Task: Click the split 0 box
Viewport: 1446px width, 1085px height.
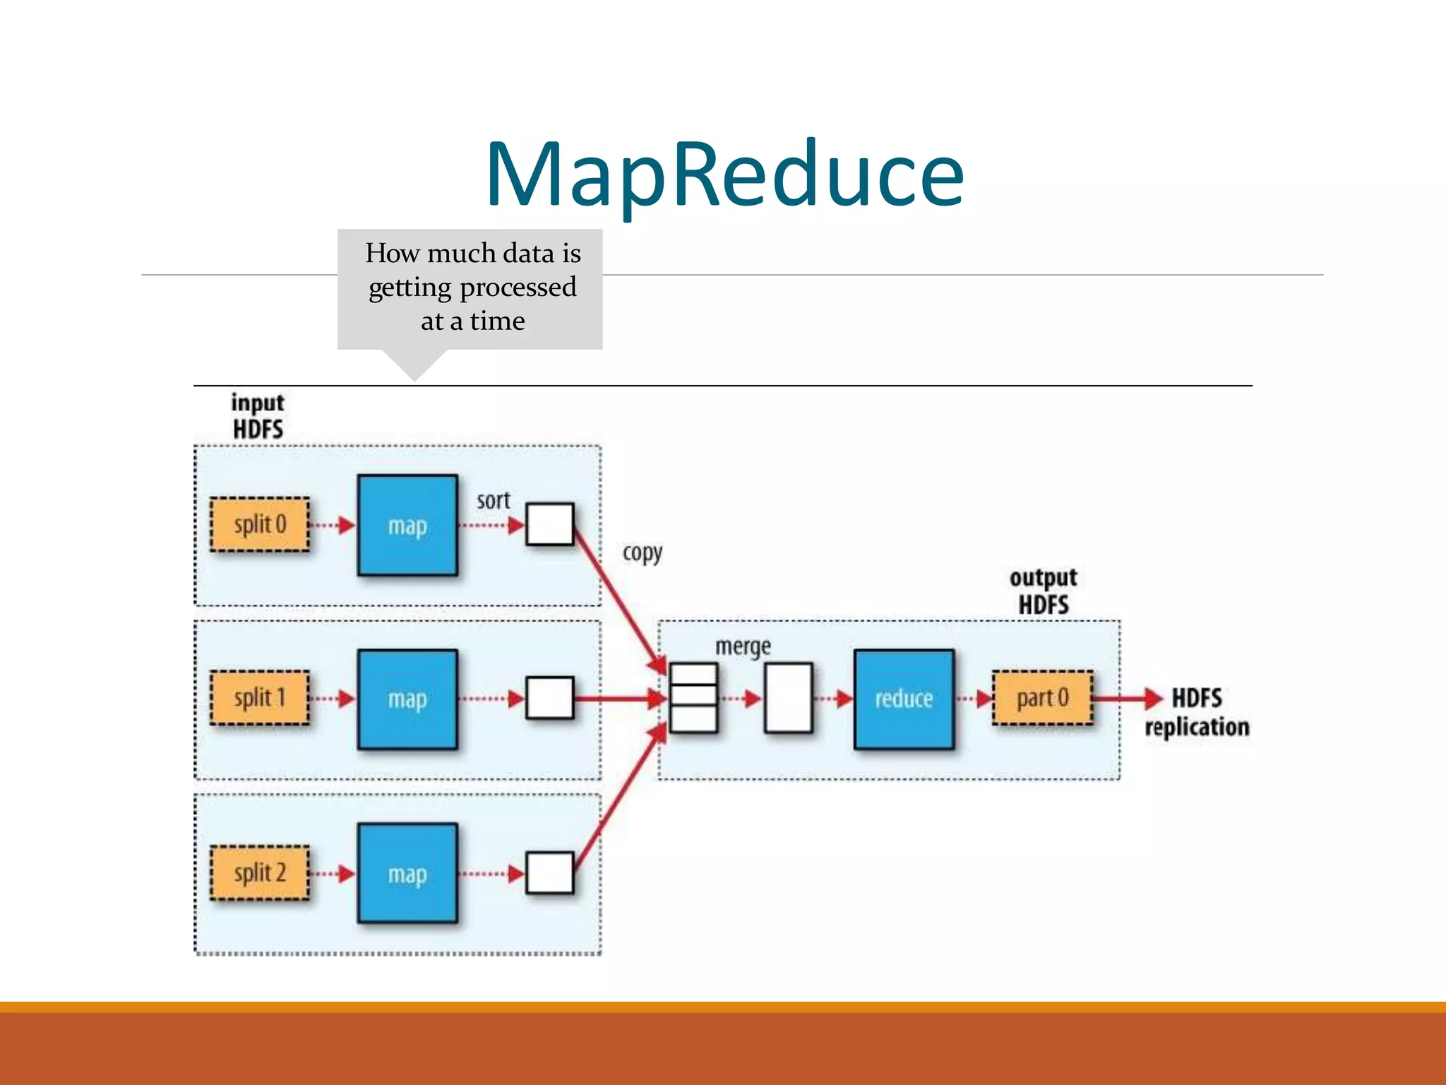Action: [x=260, y=525]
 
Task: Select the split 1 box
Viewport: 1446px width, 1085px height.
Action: [x=260, y=698]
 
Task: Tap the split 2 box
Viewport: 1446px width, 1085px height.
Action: [x=260, y=873]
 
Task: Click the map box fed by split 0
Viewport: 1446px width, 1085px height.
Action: [x=407, y=526]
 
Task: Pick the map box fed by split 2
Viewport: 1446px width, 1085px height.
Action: [x=407, y=874]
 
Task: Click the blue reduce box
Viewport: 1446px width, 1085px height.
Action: [x=904, y=699]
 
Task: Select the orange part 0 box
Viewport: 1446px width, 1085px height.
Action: [x=1042, y=699]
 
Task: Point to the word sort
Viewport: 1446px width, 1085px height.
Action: [x=493, y=501]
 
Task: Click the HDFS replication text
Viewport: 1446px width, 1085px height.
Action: [x=1197, y=712]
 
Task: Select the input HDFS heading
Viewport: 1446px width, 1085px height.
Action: [x=258, y=416]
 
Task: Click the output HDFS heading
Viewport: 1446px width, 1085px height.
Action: [x=1043, y=591]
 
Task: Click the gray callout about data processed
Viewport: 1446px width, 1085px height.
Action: [x=470, y=288]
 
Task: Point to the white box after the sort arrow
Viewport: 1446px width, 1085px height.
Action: [x=550, y=524]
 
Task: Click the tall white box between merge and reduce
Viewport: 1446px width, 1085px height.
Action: [x=788, y=698]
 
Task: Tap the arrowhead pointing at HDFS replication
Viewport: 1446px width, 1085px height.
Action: [x=1153, y=699]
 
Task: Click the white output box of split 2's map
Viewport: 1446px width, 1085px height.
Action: [x=550, y=873]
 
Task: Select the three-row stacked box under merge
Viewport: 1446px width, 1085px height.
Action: [x=693, y=698]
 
